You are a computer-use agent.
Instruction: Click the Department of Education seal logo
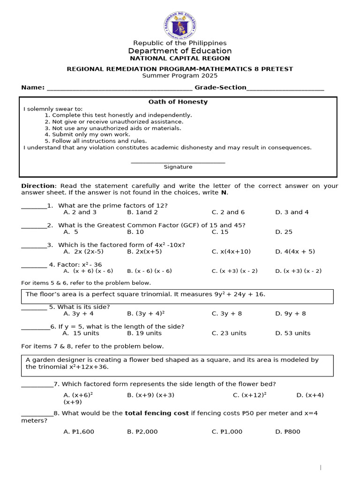coord(180,25)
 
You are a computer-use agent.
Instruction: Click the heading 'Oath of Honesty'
coord(178,102)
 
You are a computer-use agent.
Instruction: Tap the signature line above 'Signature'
coord(178,162)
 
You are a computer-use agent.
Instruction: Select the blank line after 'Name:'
coord(119,88)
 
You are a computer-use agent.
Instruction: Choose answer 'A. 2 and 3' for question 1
coord(80,212)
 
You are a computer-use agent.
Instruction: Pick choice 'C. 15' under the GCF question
coord(220,232)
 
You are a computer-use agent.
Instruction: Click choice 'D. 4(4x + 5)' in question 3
coord(295,252)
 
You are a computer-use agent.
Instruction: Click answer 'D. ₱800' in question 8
coord(288,432)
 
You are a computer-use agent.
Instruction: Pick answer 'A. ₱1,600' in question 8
coord(79,432)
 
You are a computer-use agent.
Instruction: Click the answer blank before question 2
coord(34,225)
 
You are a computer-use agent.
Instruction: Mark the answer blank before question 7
coord(37,384)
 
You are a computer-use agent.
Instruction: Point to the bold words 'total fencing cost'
coord(157,413)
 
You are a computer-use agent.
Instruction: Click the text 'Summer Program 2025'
coord(180,75)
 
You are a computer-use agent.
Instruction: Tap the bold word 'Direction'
coord(38,186)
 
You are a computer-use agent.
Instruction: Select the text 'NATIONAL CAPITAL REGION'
coord(180,59)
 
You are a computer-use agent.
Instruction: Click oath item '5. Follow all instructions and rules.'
coord(96,141)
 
